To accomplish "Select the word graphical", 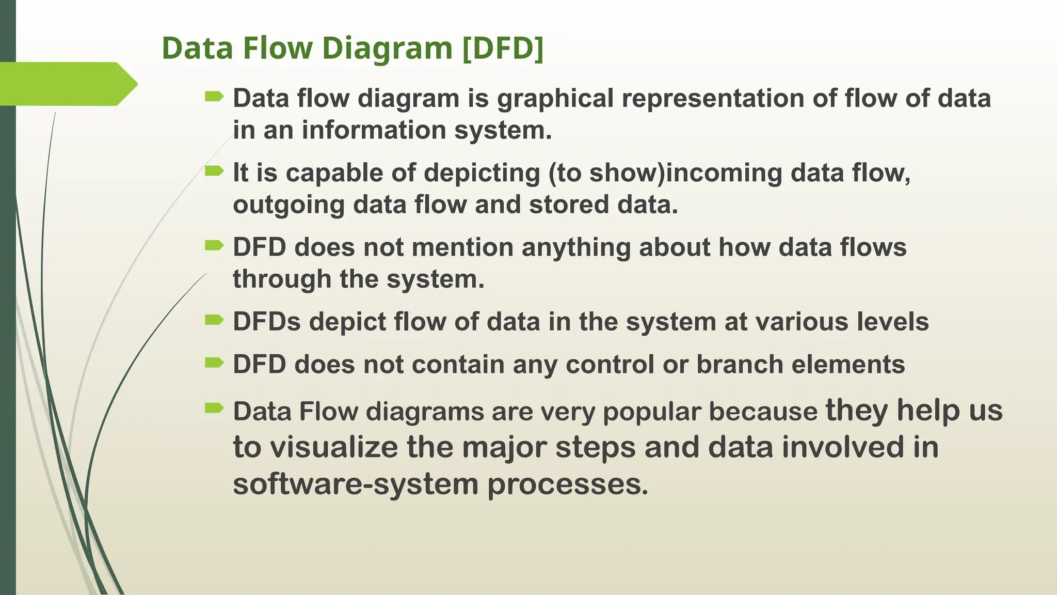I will [x=555, y=99].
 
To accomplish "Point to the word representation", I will [x=713, y=99].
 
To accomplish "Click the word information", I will [x=374, y=130].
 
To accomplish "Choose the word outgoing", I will [x=289, y=205].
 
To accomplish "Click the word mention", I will [x=462, y=247].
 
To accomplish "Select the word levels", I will [x=893, y=322].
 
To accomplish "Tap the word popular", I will [x=652, y=412].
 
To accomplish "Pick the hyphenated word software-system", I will [x=356, y=484].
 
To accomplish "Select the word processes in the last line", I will [x=567, y=484].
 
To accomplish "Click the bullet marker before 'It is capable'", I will [x=214, y=171].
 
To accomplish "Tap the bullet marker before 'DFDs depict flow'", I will [x=214, y=320].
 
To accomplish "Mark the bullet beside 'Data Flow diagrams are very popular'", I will [x=214, y=409].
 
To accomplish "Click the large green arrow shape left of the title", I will [x=67, y=84].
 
